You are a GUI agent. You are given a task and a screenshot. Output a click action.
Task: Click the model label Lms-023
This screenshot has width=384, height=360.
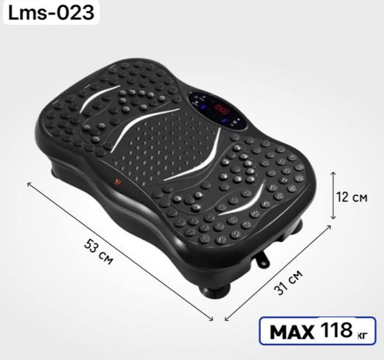tap(51, 13)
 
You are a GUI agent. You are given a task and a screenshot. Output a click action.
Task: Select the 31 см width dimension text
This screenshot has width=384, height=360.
tap(288, 282)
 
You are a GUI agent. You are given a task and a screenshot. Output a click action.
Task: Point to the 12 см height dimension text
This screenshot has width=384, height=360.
tap(352, 197)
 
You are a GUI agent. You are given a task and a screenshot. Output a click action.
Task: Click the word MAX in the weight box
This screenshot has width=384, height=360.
tap(292, 332)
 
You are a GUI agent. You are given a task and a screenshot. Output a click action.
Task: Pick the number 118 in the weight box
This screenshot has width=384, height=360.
tap(337, 330)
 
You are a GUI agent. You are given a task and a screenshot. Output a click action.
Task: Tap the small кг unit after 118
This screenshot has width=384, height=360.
tap(362, 334)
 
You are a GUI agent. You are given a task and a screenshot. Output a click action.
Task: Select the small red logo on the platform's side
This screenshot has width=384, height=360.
tap(118, 181)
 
